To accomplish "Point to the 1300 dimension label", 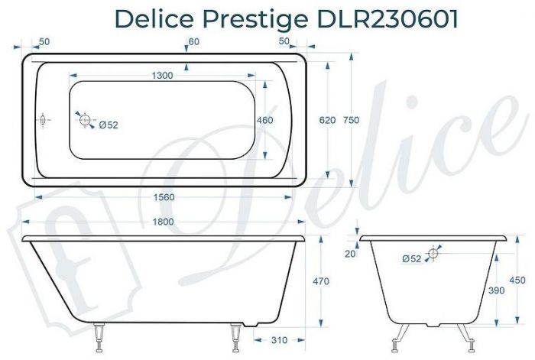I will coord(162,75).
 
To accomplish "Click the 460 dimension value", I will coord(264,121).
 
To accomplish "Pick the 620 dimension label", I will coord(327,121).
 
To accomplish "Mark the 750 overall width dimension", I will coord(352,121).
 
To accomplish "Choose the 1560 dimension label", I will coord(164,196).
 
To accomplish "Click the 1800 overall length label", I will coord(163,222).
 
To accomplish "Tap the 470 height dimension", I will coord(321,282).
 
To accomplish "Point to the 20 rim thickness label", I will coord(351,254).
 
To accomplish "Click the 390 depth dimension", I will coord(475,291).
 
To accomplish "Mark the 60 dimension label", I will coord(193,41).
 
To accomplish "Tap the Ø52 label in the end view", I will coord(411,259).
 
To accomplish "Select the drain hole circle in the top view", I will coord(86,119).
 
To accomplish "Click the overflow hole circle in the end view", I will coord(433,253).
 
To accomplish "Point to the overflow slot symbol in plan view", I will coord(44,120).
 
